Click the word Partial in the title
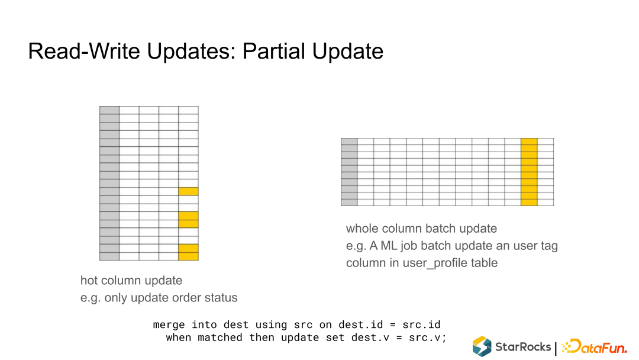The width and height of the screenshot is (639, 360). pos(274,52)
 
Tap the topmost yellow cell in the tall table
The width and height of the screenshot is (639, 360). pos(188,191)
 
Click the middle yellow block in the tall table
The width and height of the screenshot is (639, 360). pos(188,220)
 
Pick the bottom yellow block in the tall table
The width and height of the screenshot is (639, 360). pos(188,252)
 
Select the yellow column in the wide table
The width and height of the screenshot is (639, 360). pos(529,172)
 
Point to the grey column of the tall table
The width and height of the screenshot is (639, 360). pos(109,183)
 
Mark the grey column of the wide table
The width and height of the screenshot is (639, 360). pos(349,172)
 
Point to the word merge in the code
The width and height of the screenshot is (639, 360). pos(169,325)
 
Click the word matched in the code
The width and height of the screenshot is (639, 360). pos(220,337)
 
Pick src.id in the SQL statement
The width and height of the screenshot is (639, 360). pos(421,324)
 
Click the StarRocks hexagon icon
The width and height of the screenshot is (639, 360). pos(482,346)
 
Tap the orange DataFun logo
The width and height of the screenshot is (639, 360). pos(595,346)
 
